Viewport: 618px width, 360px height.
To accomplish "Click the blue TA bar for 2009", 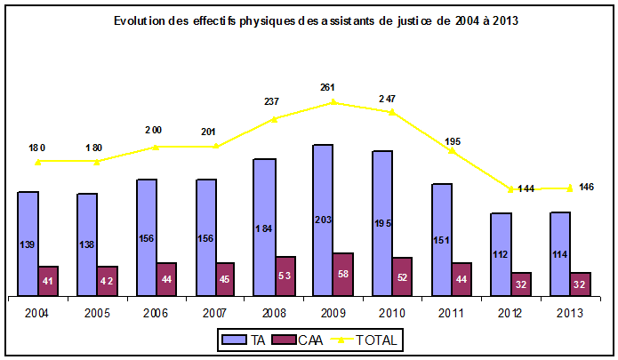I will point(323,219).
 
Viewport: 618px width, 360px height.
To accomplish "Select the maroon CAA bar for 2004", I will point(48,280).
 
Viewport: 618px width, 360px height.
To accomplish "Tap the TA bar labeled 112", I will point(501,253).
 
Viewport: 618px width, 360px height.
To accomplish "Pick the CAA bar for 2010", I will point(402,276).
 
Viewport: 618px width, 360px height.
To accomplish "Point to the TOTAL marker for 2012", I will point(510,188).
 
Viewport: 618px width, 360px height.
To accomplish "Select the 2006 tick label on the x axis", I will point(157,312).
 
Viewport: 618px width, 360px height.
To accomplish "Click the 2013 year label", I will point(570,312).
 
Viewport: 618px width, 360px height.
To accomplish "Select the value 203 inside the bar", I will point(323,219).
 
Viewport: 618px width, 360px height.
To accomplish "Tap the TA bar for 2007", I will point(205,236).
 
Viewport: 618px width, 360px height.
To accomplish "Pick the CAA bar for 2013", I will point(580,284).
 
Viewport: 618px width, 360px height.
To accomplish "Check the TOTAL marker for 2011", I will point(452,151).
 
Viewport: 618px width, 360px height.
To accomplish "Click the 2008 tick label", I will point(275,312).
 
